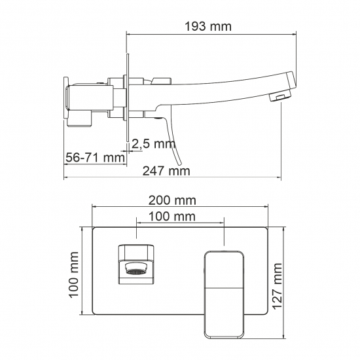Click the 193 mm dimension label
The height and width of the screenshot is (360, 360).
coord(208,27)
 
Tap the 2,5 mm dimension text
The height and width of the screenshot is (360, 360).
coord(154,144)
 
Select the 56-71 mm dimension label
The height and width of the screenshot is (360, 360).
coord(96,158)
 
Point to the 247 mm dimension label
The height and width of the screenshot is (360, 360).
coord(166,171)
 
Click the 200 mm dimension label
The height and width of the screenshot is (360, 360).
coord(172,200)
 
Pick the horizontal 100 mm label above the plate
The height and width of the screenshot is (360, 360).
coord(172,216)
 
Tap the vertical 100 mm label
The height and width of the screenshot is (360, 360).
coord(74,275)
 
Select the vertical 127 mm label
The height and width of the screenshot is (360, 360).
coord(278,286)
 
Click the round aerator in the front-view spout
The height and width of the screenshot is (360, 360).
coord(136,268)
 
